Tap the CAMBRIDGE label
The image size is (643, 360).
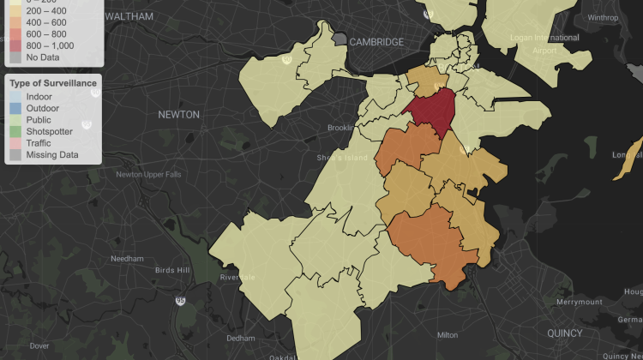[376, 42]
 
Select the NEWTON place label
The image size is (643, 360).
[178, 114]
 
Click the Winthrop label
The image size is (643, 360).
[603, 17]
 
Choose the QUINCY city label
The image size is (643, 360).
[564, 333]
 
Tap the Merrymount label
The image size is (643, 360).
[579, 303]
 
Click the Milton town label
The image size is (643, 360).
[448, 335]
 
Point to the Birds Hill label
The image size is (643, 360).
[171, 270]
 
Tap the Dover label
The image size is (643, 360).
[39, 345]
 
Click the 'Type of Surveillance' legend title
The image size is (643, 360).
[53, 82]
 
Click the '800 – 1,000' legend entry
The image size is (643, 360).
[49, 45]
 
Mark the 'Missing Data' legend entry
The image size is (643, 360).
[52, 155]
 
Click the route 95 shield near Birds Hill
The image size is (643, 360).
[179, 301]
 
